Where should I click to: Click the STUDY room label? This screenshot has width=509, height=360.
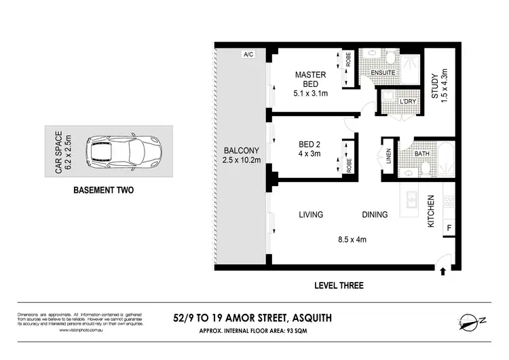pos(435,95)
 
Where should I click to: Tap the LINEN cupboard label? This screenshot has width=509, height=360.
pos(389,157)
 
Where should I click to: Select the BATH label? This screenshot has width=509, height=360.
pos(422,154)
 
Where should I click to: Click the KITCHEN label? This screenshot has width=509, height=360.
pos(431,211)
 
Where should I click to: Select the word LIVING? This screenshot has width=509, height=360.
pos(311,215)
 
